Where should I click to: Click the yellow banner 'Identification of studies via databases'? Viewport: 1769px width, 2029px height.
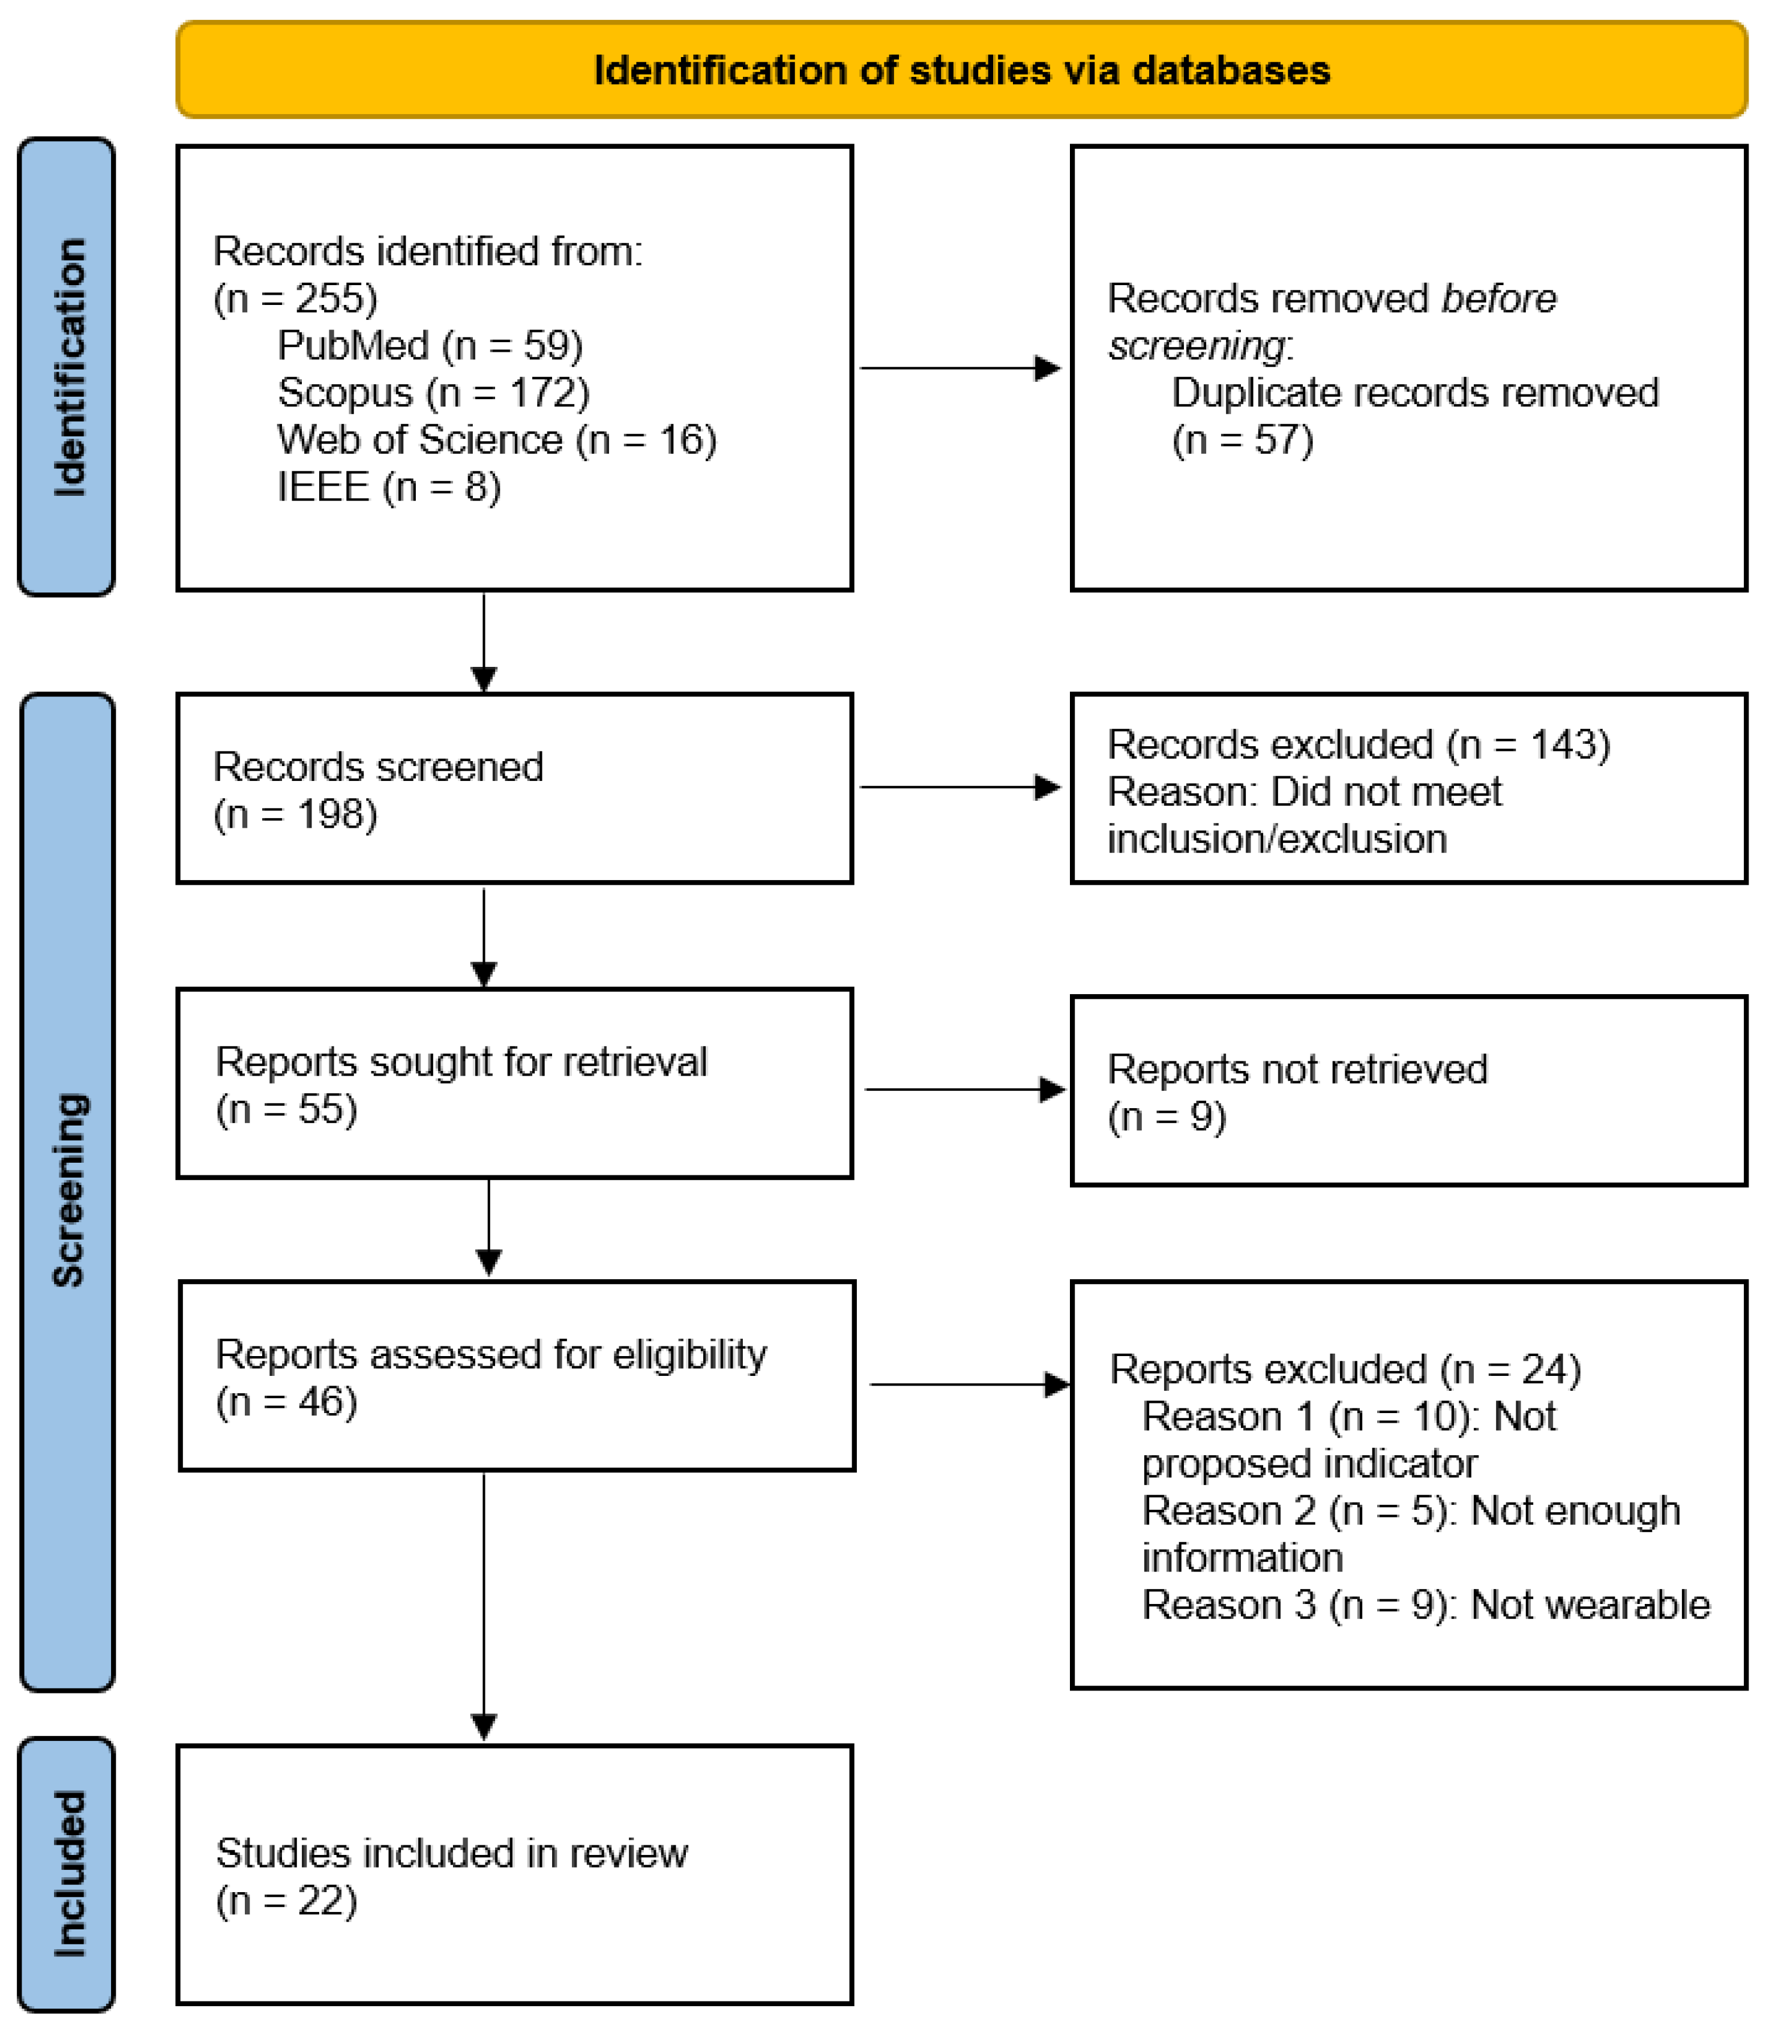pyautogui.click(x=961, y=70)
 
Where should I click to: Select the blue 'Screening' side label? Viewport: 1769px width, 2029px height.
pyautogui.click(x=67, y=1190)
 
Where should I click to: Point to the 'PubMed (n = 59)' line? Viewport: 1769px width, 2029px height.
pyautogui.click(x=430, y=346)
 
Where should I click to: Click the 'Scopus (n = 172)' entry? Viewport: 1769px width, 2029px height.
pyautogui.click(x=433, y=393)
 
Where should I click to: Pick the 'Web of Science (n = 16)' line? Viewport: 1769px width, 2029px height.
pyautogui.click(x=496, y=439)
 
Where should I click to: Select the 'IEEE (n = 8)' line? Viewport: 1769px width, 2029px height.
pyautogui.click(x=389, y=487)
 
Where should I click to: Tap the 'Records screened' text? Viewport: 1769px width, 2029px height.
pyautogui.click(x=378, y=767)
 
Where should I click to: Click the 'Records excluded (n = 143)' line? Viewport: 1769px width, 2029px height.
pyautogui.click(x=1359, y=744)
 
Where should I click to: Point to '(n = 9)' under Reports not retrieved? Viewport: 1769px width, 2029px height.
pyautogui.click(x=1167, y=1117)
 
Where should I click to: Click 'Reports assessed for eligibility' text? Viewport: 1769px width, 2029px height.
pyautogui.click(x=491, y=1355)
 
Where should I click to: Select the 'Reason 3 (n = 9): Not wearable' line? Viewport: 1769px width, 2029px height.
pyautogui.click(x=1426, y=1605)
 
